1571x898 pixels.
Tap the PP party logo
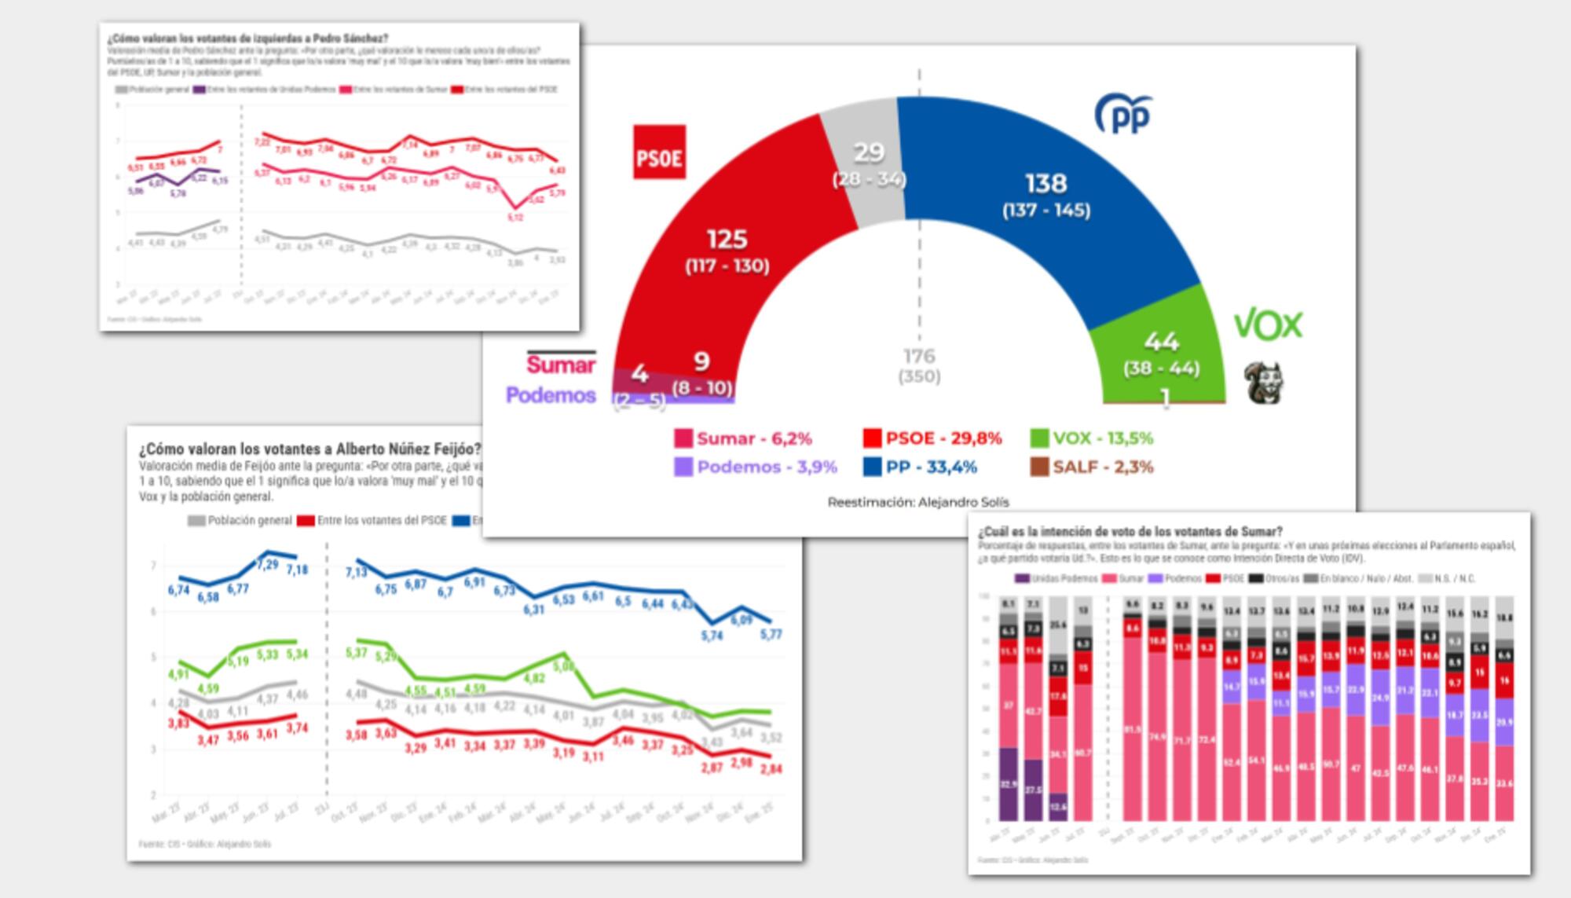point(1123,115)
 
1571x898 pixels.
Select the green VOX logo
point(1268,324)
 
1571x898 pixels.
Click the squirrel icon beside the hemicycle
point(1265,383)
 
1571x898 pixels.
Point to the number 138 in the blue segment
point(1046,183)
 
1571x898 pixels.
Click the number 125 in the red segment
point(727,239)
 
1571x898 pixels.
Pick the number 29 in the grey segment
point(869,152)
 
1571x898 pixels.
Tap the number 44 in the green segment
point(1162,341)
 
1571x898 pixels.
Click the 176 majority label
point(919,356)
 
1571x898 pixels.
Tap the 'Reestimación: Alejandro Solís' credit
point(917,502)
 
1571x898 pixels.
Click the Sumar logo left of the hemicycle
point(561,364)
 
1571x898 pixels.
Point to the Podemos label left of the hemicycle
point(551,394)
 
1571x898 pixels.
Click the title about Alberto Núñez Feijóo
point(309,449)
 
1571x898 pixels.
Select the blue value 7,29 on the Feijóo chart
point(267,564)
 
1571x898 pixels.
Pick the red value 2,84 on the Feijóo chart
point(771,768)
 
